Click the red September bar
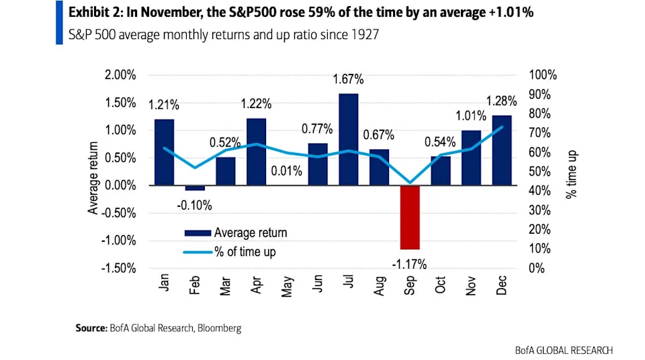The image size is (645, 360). pyautogui.click(x=410, y=217)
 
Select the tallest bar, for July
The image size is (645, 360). pyautogui.click(x=348, y=139)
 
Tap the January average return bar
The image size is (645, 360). pyautogui.click(x=164, y=152)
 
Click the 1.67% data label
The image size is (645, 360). pyautogui.click(x=348, y=79)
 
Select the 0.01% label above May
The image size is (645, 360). pyautogui.click(x=287, y=171)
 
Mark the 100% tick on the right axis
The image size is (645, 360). pyautogui.click(x=543, y=75)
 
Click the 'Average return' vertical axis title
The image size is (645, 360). pyautogui.click(x=93, y=178)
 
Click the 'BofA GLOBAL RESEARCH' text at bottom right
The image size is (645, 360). pyautogui.click(x=564, y=350)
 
